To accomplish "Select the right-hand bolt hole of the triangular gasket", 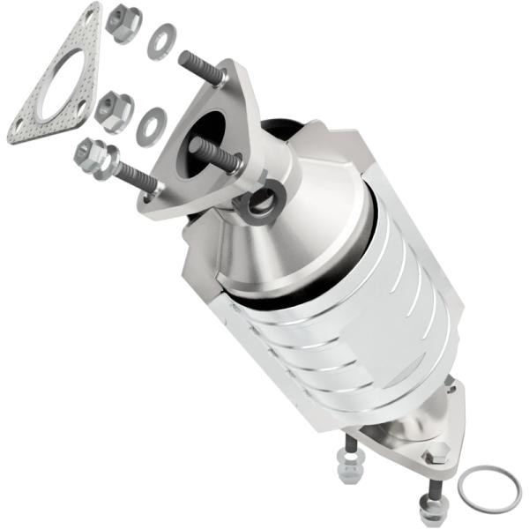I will tap(83, 107).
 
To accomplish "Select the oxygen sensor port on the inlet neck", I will tap(261, 202).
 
